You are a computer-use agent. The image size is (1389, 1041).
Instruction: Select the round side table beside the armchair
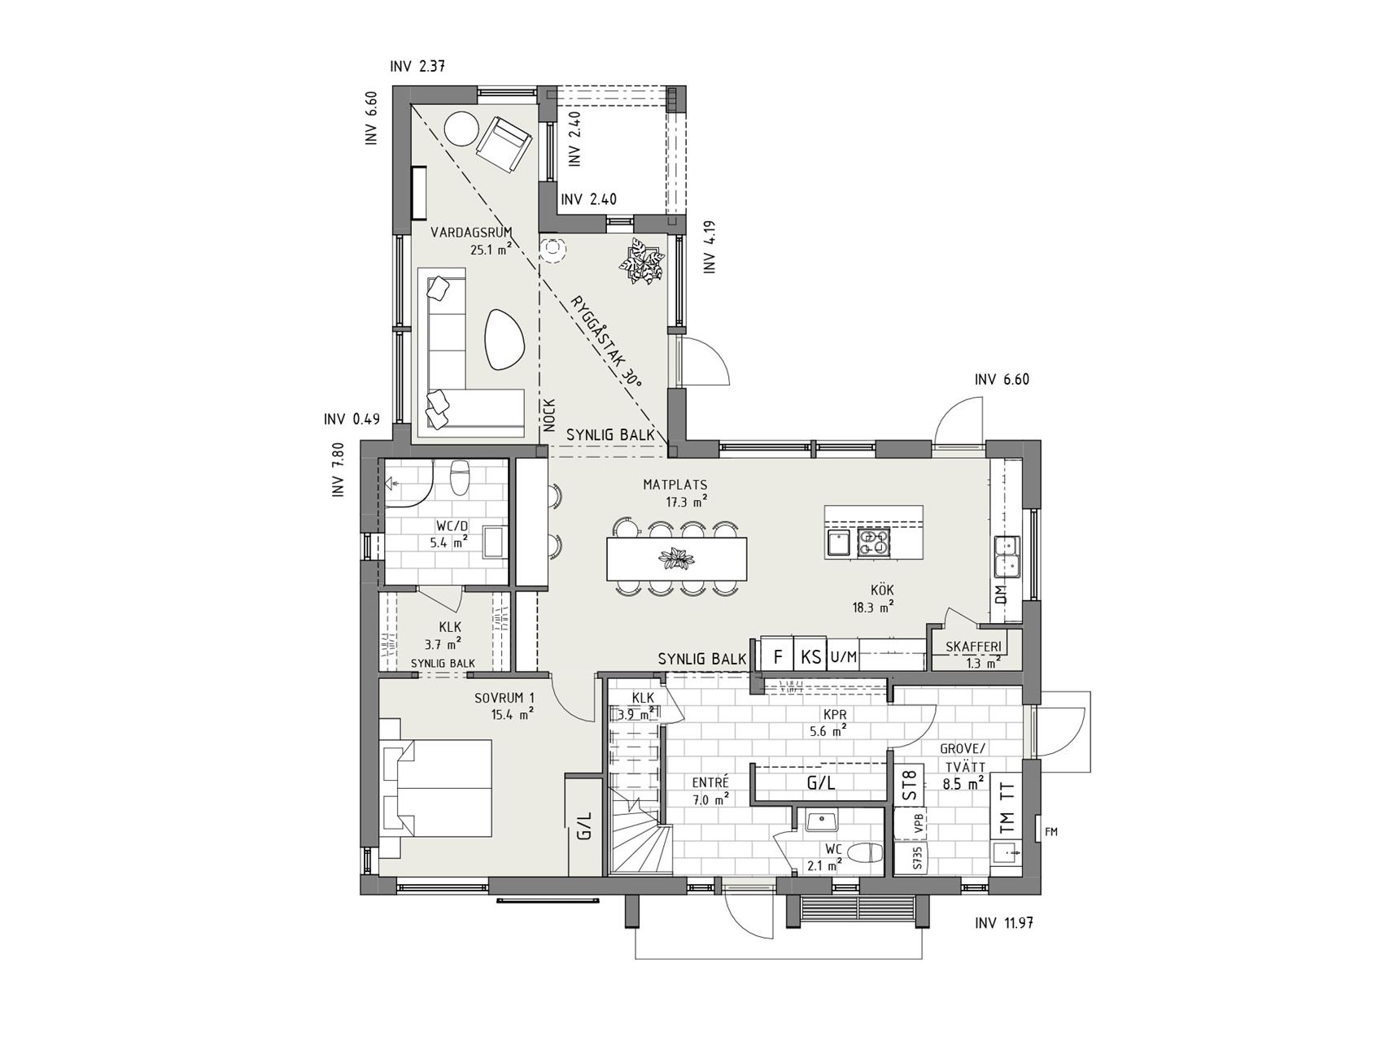pyautogui.click(x=461, y=128)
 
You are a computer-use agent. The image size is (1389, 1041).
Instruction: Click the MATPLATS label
pyautogui.click(x=675, y=485)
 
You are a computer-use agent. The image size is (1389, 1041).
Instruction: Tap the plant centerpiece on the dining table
pyautogui.click(x=676, y=560)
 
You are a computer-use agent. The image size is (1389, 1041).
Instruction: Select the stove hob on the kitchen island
pyautogui.click(x=874, y=541)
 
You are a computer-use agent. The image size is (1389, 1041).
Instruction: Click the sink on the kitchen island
pyautogui.click(x=837, y=542)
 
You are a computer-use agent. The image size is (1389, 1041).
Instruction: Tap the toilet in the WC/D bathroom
pyautogui.click(x=460, y=477)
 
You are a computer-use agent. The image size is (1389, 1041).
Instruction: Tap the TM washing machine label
pyautogui.click(x=1007, y=827)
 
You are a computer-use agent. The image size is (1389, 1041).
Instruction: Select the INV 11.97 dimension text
pyautogui.click(x=1003, y=923)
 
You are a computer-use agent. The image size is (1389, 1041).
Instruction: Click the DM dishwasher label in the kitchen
pyautogui.click(x=1001, y=594)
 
